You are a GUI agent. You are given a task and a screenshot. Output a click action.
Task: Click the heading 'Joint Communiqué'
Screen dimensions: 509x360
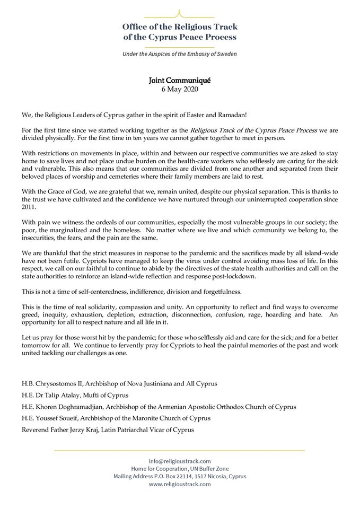[x=180, y=81]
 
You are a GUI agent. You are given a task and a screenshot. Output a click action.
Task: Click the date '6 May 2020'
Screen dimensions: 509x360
[x=180, y=89]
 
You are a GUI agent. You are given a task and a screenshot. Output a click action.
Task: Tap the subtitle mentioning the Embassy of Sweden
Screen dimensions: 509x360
[x=180, y=54]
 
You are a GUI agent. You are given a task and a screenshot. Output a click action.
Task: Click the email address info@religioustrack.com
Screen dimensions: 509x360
[x=180, y=460]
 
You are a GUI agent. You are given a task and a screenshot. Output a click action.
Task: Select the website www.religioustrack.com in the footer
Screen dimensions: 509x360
[x=180, y=484]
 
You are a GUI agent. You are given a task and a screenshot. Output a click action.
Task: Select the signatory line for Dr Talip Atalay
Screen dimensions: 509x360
[x=75, y=395]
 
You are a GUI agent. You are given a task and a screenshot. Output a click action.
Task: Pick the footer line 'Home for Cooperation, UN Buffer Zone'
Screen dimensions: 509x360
[x=180, y=468]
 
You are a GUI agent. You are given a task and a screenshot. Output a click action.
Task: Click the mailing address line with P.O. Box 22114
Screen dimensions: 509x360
[x=180, y=476]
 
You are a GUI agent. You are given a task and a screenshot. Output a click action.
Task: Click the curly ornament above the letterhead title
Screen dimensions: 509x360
[x=180, y=12]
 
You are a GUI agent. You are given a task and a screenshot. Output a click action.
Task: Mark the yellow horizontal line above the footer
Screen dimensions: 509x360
[x=180, y=451]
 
